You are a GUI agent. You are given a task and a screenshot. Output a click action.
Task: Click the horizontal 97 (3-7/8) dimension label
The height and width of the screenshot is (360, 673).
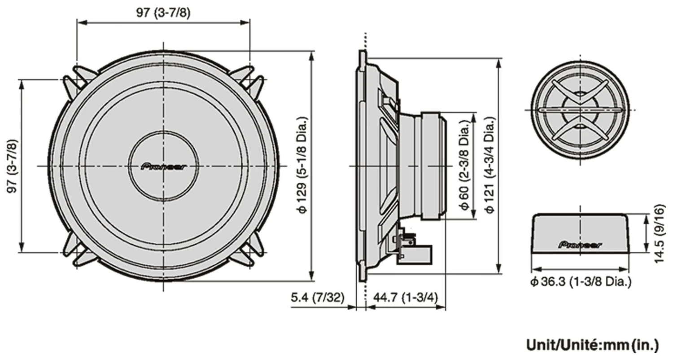coord(163,13)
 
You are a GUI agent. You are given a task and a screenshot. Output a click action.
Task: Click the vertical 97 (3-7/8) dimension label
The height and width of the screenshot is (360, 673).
coord(13,166)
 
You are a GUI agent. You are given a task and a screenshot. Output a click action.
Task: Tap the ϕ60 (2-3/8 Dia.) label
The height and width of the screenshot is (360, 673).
coord(465,166)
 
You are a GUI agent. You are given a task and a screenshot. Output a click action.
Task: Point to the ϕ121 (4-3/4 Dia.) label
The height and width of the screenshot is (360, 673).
coord(490,166)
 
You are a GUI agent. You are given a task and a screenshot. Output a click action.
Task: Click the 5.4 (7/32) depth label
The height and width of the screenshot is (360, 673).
coord(318,298)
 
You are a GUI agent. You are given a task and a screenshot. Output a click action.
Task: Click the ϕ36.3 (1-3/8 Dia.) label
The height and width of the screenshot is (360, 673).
coord(581,282)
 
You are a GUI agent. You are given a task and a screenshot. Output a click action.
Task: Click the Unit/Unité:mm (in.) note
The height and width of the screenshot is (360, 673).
coord(592,345)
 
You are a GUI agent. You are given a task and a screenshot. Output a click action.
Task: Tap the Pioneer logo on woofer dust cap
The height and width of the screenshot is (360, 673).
coord(163,167)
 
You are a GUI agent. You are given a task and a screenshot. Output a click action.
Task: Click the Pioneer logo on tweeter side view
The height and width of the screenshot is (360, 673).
coord(580,245)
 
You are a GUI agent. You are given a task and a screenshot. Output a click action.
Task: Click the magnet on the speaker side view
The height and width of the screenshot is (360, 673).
coord(433,166)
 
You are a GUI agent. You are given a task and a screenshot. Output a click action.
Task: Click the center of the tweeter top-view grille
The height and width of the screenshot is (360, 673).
coord(580,110)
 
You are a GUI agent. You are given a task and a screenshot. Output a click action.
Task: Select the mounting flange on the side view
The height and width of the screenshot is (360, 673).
coord(362,166)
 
